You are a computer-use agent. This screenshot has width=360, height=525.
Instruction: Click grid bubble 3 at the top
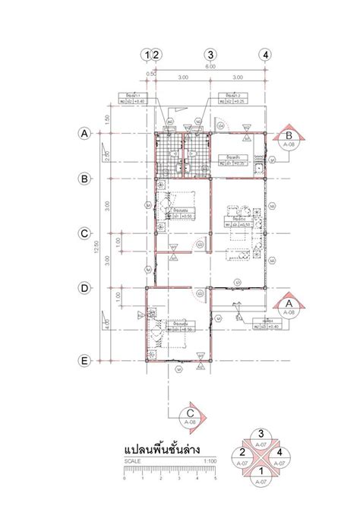(210, 54)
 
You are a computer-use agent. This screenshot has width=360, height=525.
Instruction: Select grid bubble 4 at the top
(264, 54)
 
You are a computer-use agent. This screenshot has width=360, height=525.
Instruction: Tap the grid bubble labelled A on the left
(86, 134)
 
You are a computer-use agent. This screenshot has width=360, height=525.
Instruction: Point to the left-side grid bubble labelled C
(86, 233)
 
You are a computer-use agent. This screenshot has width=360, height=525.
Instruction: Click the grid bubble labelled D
(86, 287)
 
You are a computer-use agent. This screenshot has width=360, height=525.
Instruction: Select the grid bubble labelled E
(86, 360)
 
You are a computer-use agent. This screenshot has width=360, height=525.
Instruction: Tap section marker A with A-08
(289, 308)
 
